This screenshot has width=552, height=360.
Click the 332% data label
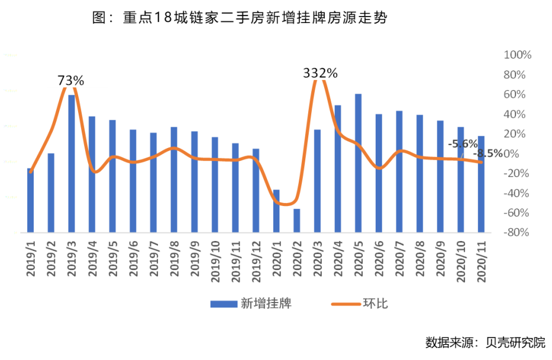[320, 73]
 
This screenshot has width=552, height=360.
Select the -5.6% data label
[462, 144]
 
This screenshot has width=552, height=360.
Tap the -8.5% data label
[488, 153]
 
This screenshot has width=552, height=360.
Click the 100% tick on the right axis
[517, 55]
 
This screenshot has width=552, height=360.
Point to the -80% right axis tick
[517, 233]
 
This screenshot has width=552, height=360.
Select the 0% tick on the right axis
[521, 154]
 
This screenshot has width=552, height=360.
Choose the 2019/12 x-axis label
[256, 259]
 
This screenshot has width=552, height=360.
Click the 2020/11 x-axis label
[481, 259]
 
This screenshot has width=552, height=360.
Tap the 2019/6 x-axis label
[133, 259]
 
